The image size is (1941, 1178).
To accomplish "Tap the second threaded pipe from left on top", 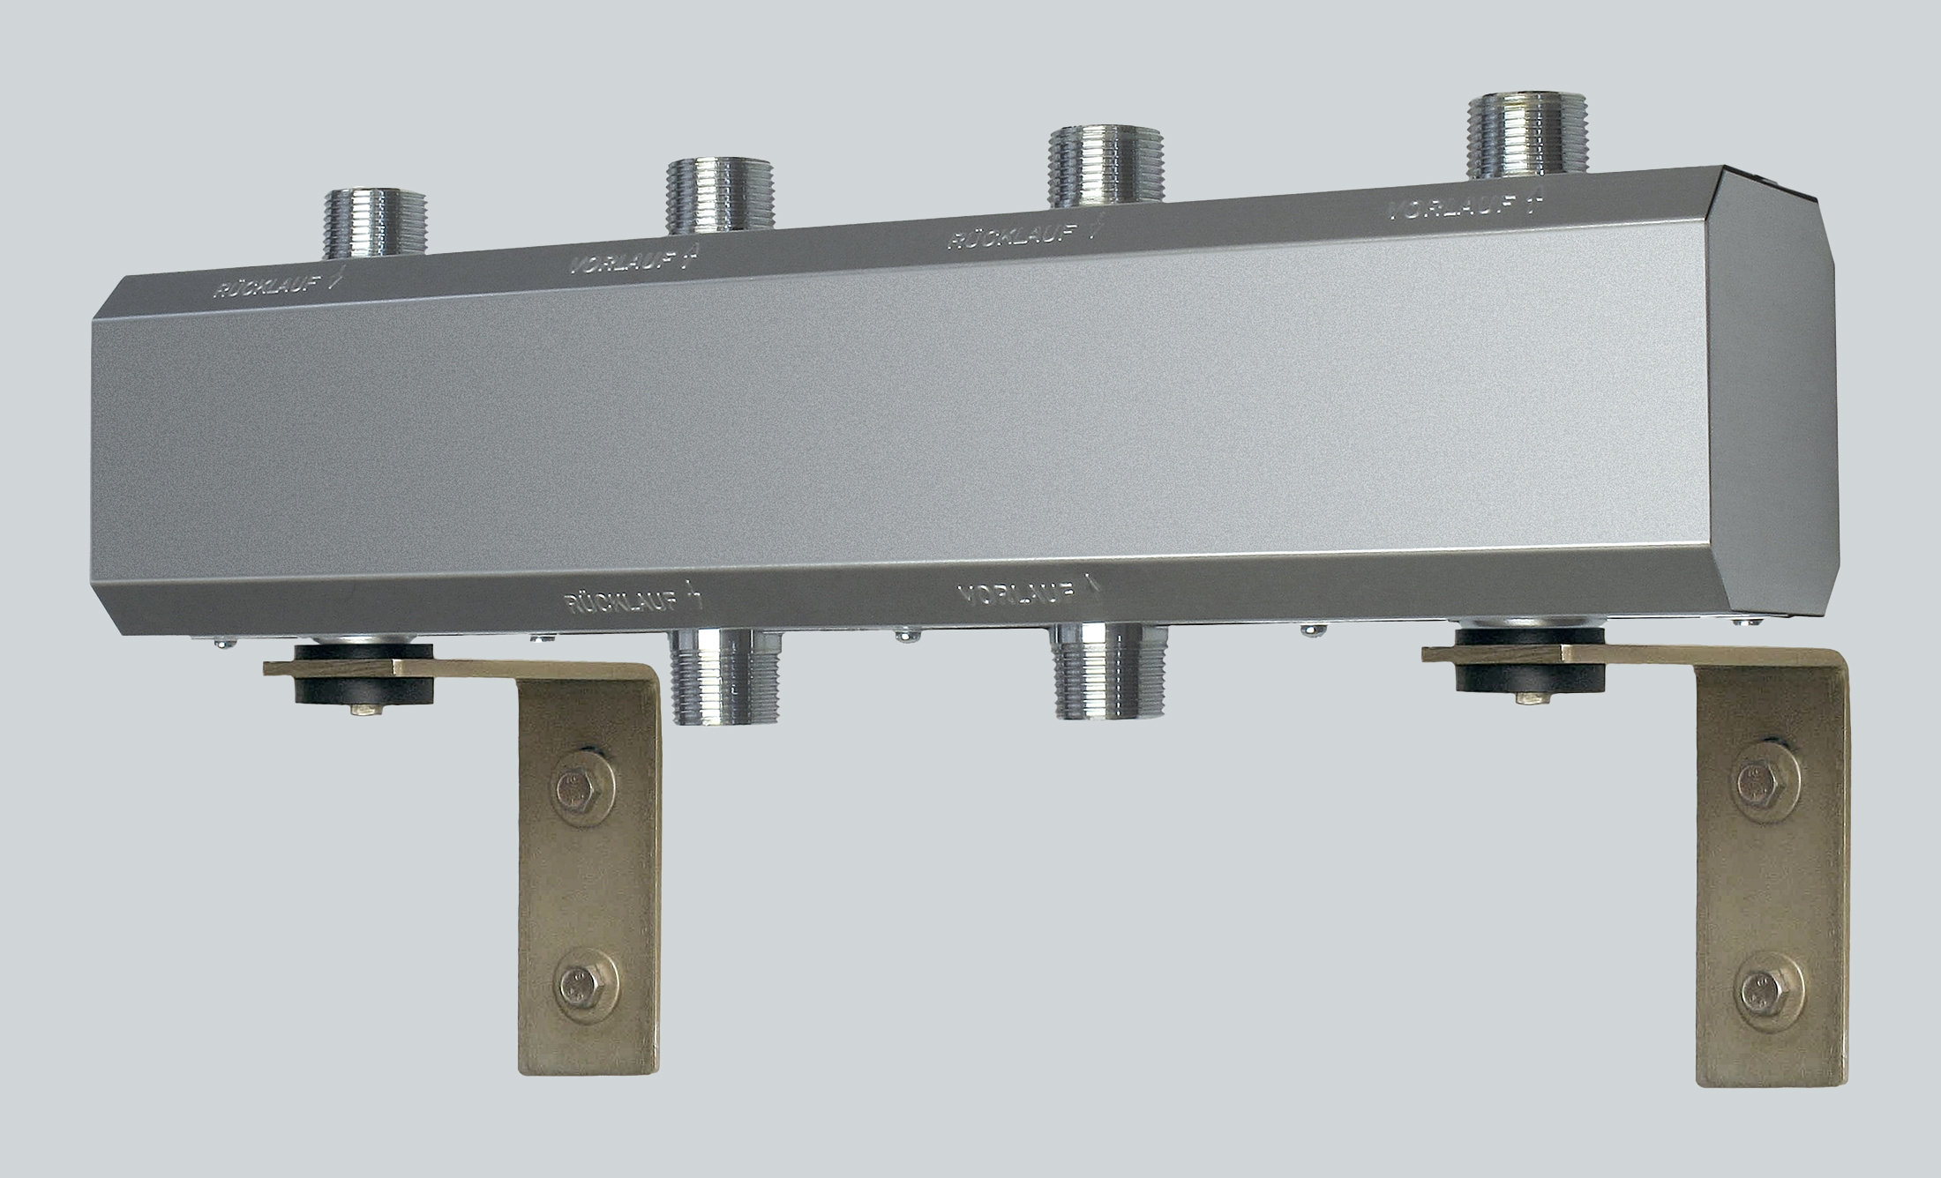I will pos(716,196).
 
